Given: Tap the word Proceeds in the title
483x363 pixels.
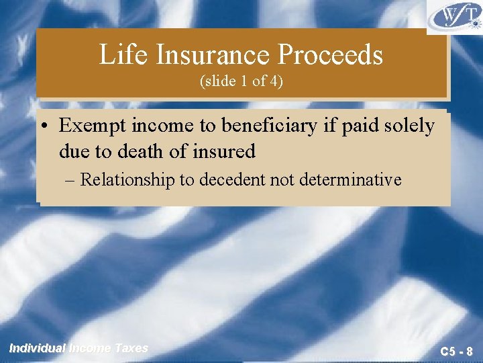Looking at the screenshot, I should point(338,55).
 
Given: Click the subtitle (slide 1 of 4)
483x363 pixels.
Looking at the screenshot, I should point(241,82).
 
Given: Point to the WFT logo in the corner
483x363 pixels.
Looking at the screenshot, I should point(454,17).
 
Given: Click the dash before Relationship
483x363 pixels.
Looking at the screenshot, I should point(71,180).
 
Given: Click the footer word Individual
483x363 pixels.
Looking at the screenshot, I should point(38,348).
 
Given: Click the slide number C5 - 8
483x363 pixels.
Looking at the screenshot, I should point(456,351).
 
